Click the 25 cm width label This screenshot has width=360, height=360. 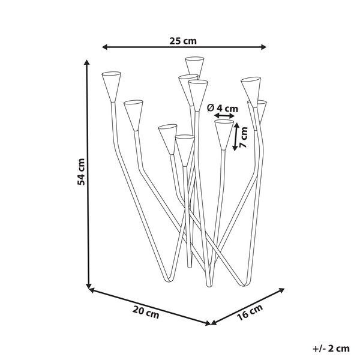point(183,41)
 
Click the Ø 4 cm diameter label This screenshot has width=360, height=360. point(222,108)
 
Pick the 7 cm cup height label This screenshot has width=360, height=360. point(243,138)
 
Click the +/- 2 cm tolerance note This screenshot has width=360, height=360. point(331,348)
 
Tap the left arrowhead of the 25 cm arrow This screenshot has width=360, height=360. point(104,46)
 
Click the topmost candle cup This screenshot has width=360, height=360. point(195,65)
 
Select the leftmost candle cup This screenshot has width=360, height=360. point(112,85)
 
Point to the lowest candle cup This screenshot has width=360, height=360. point(184,148)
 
